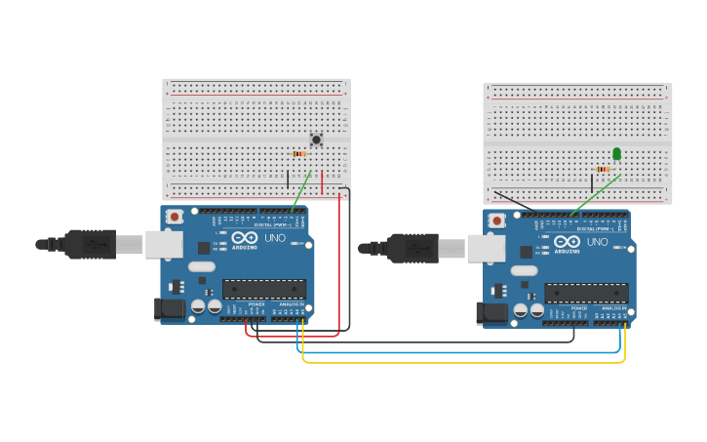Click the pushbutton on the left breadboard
pos(316,140)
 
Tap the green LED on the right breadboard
pos(616,153)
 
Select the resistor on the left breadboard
pos(298,153)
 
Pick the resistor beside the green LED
pos(603,169)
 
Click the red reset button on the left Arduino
pos(174,217)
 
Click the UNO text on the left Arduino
pos(276,238)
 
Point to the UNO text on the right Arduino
pos(598,242)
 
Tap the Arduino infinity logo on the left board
pos(246,237)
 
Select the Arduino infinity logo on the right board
pos(568,241)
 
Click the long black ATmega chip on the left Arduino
pos(263,289)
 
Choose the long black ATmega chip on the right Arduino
pos(586,293)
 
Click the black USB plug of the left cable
pos(93,244)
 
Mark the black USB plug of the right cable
pos(414,248)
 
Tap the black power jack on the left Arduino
pos(171,309)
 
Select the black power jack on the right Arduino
pos(492,313)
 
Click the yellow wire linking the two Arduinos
pos(458,362)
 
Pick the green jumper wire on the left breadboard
pos(301,189)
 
